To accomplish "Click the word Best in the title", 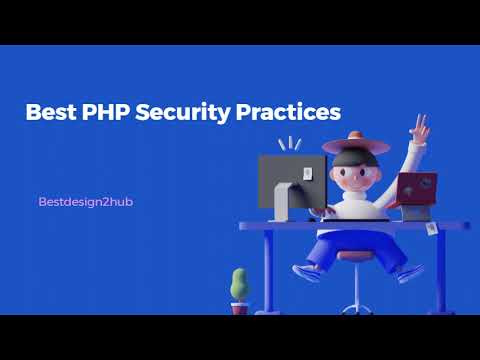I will coord(50,112).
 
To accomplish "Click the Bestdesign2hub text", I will coord(85,202).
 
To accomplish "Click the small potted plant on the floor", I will coord(239,284).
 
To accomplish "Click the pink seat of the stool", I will coord(353,255).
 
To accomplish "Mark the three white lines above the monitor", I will coord(289,144).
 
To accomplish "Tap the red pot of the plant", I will coord(240,309).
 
